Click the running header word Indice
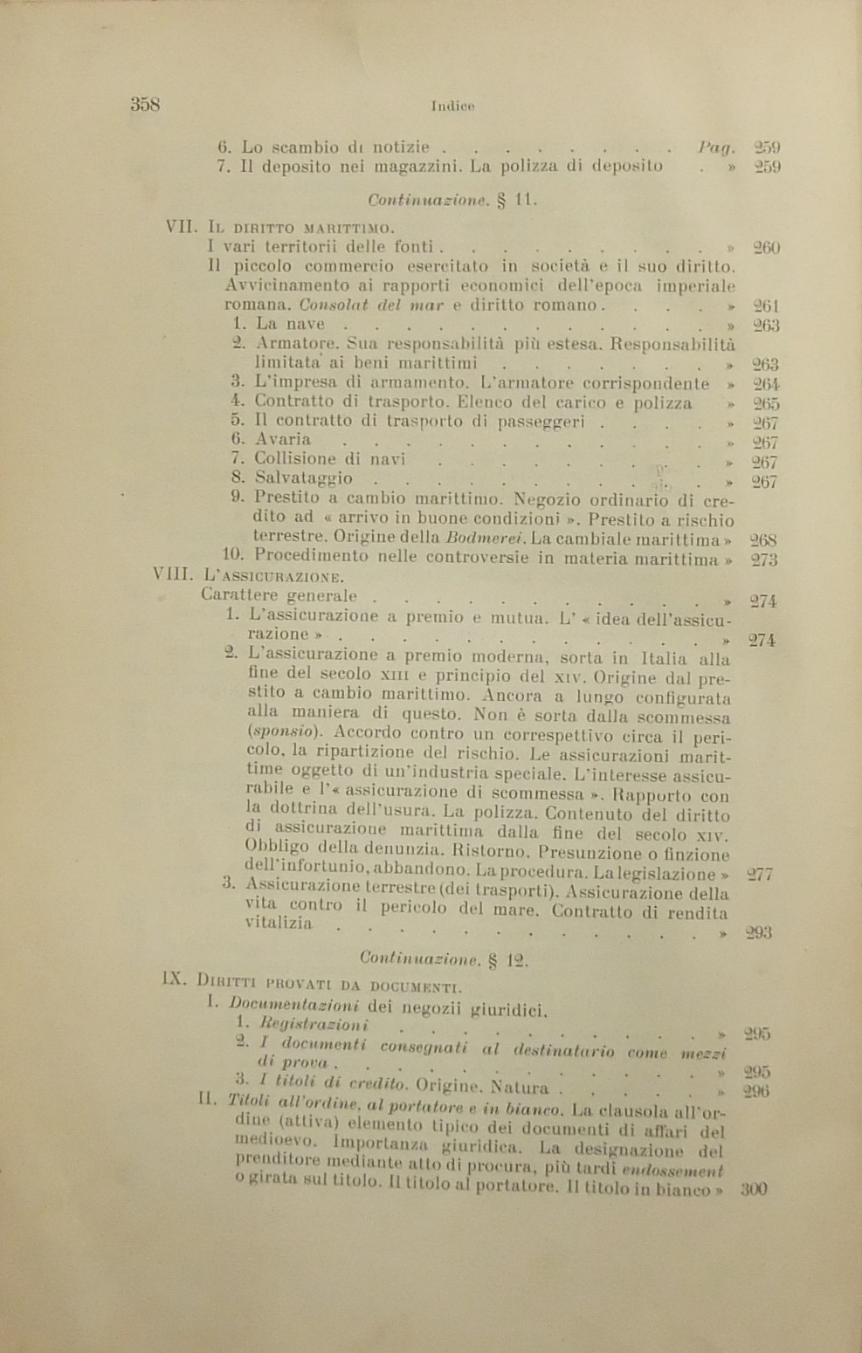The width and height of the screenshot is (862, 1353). [x=452, y=106]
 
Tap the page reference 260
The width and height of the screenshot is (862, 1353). [x=766, y=248]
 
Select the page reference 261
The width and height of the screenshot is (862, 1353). [x=765, y=306]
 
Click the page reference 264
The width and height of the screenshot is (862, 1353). [x=766, y=384]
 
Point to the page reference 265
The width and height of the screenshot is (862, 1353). [x=766, y=404]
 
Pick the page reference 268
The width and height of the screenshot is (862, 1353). [x=765, y=540]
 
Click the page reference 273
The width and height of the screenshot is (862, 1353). [x=765, y=560]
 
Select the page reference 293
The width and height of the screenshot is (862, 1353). [x=759, y=932]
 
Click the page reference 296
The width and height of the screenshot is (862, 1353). [x=755, y=1091]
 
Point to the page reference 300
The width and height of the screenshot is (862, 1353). [x=754, y=1189]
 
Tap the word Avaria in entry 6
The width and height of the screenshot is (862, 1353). [x=282, y=439]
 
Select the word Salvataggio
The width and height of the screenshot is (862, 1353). [x=304, y=478]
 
